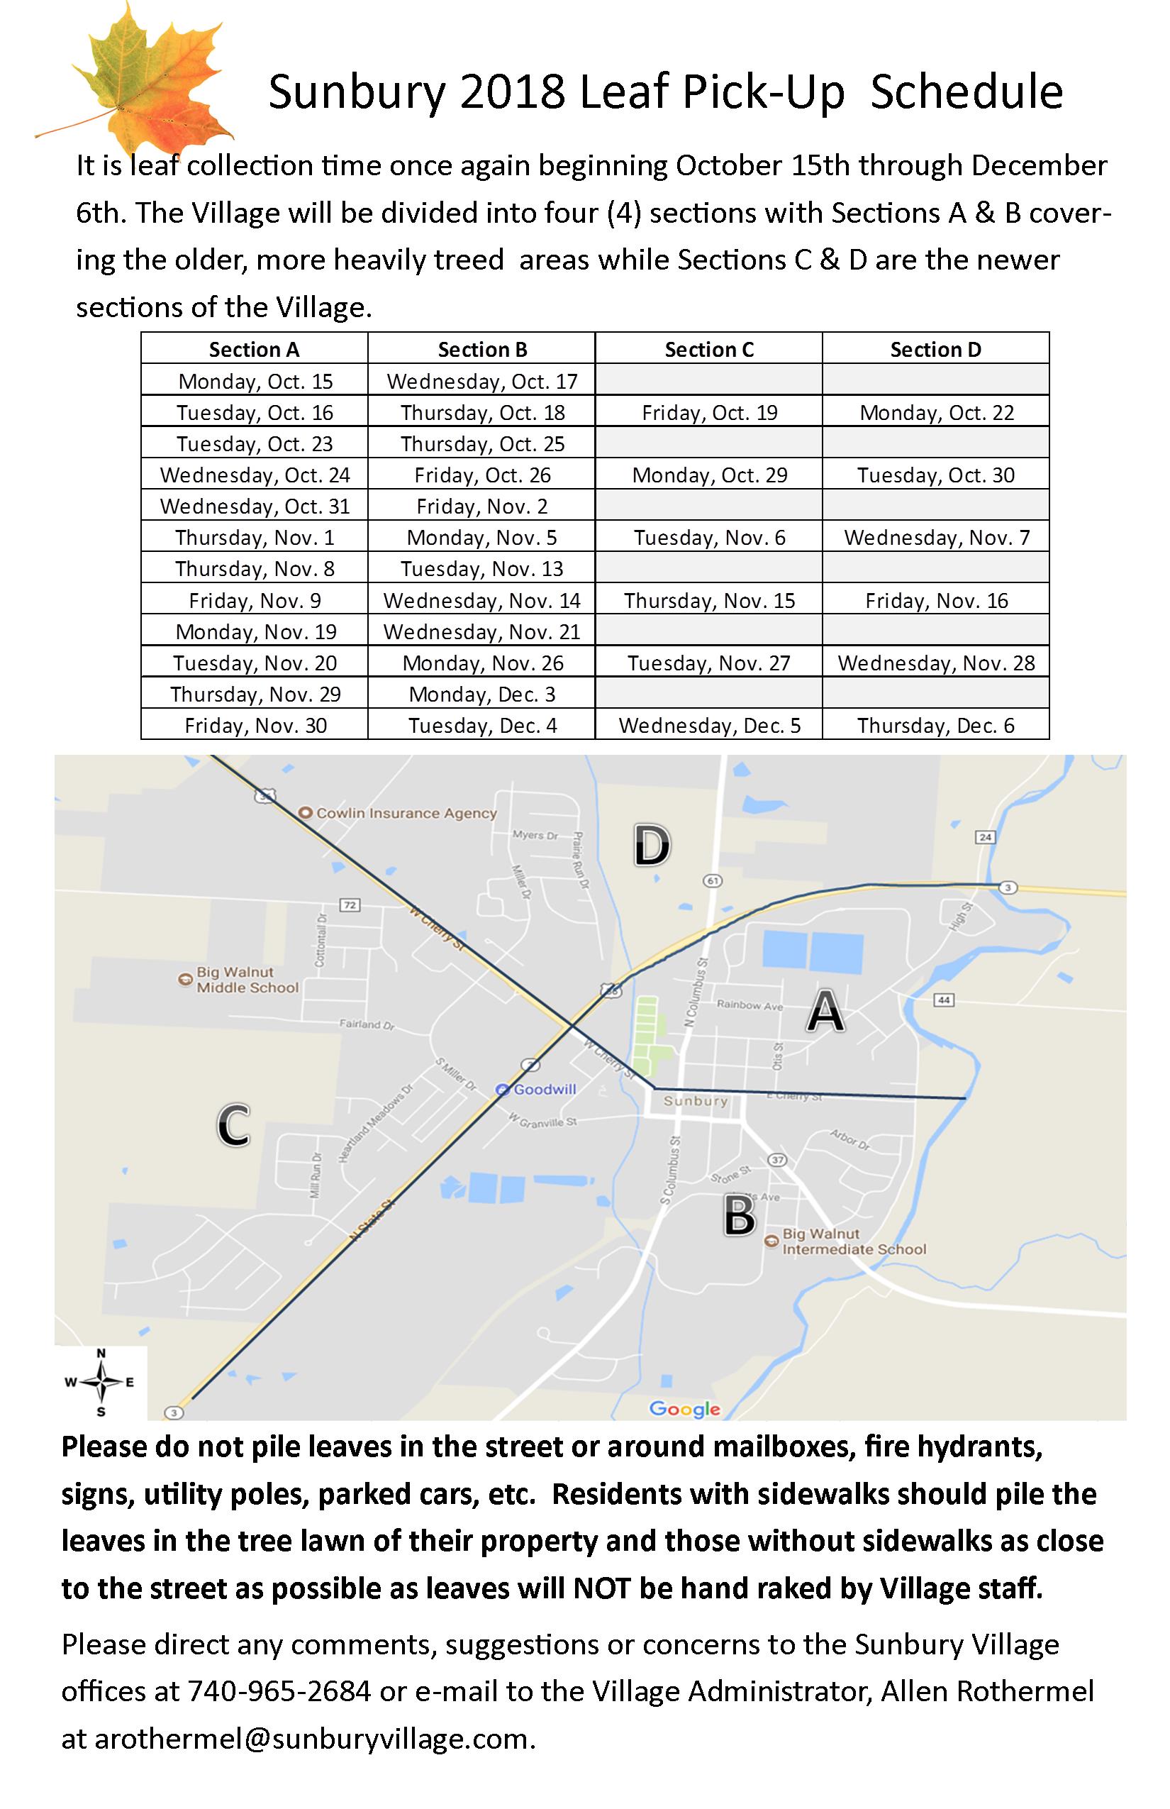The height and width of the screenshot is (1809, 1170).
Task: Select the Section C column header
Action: pos(709,350)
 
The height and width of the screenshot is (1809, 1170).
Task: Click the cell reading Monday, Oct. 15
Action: pos(255,381)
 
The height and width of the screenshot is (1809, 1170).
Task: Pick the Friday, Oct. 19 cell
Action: pos(709,413)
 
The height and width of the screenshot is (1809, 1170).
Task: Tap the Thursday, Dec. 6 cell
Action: pos(935,725)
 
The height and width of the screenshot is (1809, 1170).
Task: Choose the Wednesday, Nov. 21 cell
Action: pos(481,631)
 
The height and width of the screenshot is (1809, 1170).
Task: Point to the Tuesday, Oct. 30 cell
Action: pos(935,475)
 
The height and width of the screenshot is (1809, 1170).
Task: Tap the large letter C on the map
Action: pos(233,1125)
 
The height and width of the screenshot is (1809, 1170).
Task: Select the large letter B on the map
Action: pos(738,1215)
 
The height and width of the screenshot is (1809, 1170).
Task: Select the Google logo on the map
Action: pos(684,1408)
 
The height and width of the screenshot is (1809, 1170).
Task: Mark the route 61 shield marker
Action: pos(712,881)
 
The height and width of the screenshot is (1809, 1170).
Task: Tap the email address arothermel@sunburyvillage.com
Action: pos(311,1738)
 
